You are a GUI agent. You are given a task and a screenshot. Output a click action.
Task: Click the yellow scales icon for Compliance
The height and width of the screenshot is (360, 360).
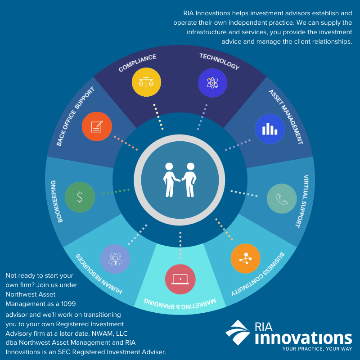[x=146, y=82]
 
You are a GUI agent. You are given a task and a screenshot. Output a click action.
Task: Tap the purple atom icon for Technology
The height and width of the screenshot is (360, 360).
[x=212, y=83]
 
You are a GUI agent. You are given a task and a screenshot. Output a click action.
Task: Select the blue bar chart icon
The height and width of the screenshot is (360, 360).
[x=270, y=129]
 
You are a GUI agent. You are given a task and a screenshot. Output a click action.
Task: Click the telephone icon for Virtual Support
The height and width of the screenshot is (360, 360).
[x=282, y=198]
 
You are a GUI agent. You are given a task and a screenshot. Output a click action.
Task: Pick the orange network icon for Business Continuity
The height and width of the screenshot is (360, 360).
[x=246, y=259]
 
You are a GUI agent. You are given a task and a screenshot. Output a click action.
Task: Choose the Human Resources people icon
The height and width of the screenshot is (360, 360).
[x=115, y=259]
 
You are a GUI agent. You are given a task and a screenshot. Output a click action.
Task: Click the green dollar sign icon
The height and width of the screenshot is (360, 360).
[x=80, y=197]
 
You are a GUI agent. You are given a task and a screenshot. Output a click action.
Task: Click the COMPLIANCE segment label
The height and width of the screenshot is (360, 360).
[x=137, y=63]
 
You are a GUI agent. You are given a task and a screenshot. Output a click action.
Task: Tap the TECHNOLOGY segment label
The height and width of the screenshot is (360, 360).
[x=219, y=62]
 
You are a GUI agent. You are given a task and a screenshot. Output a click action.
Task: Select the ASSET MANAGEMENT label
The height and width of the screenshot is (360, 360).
[x=286, y=116]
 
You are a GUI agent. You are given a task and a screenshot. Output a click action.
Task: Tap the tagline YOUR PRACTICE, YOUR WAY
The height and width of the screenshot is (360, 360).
[x=317, y=349]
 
